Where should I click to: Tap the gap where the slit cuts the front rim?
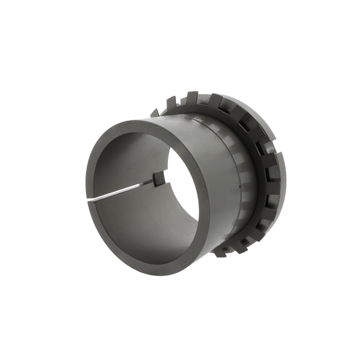(x=90, y=199)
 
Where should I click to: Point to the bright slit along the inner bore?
(x=121, y=189)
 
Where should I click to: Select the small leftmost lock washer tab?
(x=154, y=112)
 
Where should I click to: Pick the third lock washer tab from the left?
(x=191, y=96)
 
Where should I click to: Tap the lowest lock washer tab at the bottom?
(x=220, y=252)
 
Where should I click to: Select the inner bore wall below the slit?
(x=135, y=220)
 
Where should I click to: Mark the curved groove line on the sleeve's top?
(x=202, y=120)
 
